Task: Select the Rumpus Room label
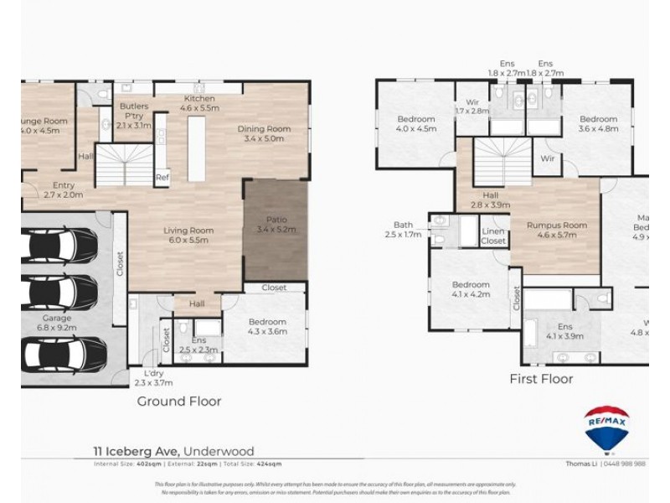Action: [x=557, y=225]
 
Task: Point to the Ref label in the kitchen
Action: [x=162, y=177]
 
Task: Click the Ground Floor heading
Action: [x=179, y=402]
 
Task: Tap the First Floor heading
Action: [x=541, y=379]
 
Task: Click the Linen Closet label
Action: [x=493, y=236]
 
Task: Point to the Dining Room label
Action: [x=264, y=128]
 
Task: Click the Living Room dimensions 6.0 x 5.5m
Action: [x=188, y=241]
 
